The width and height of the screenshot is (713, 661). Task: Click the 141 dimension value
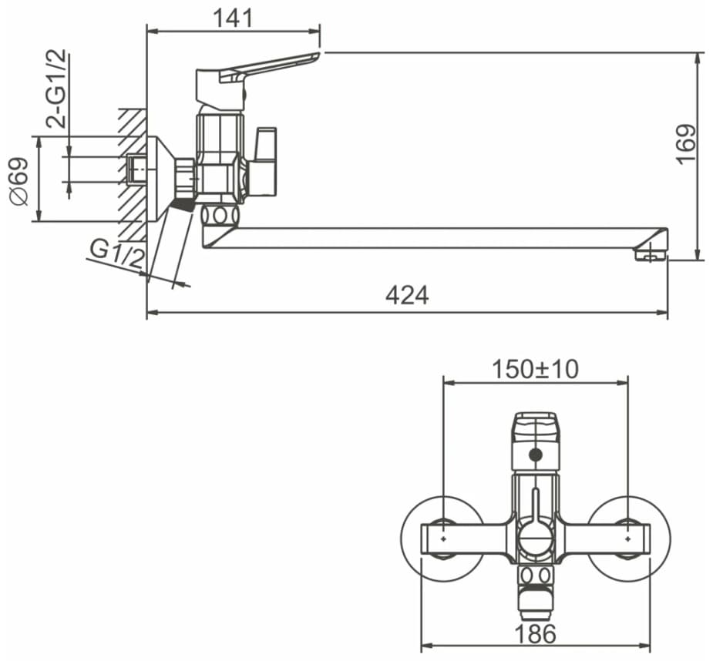tap(232, 18)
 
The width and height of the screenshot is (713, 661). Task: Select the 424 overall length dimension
tap(407, 296)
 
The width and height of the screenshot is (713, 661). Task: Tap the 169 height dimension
tap(686, 144)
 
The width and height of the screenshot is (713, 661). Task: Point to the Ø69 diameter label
tap(19, 182)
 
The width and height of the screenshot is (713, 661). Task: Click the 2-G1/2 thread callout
tap(57, 88)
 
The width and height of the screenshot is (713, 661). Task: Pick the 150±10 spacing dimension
tap(536, 369)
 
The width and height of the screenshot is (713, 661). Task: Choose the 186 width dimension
tap(536, 634)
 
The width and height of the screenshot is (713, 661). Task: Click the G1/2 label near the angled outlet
tap(116, 253)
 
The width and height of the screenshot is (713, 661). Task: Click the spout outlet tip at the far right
tap(651, 253)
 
